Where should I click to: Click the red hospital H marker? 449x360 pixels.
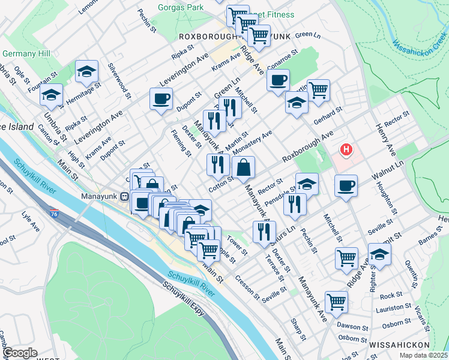(346, 149)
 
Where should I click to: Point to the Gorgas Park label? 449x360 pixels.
(179, 8)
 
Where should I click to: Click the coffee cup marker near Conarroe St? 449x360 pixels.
(278, 80)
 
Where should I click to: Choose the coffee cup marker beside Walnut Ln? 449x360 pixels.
(346, 185)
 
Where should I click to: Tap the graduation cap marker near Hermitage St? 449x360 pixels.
(87, 71)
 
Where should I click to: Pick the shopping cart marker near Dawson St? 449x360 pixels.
(336, 302)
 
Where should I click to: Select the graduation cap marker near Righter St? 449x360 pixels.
(379, 254)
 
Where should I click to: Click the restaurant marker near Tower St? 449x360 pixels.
(264, 232)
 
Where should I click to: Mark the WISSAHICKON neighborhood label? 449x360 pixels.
(399, 345)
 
